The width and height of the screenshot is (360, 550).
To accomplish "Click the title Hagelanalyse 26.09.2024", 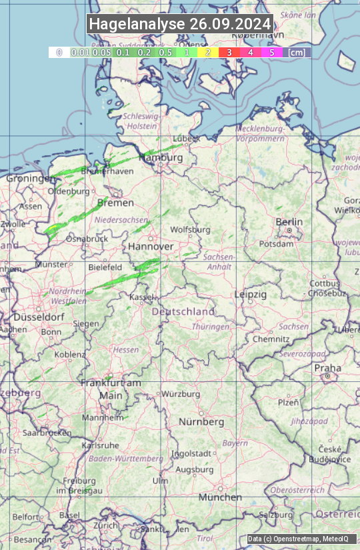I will tap(180, 24).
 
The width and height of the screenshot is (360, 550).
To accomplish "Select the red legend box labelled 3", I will tap(229, 52).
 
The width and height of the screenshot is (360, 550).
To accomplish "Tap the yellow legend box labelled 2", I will tap(208, 52).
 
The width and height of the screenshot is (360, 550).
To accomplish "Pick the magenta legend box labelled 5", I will tap(271, 52).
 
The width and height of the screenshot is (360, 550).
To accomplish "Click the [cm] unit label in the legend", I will tap(297, 52).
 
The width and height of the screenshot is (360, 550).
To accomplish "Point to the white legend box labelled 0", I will tap(59, 52).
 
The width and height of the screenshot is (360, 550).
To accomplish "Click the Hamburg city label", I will tap(161, 158).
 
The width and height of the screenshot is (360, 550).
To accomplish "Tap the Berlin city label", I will tap(289, 222).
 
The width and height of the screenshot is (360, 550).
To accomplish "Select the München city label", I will tap(220, 497).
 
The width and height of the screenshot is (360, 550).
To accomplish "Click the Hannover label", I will tap(151, 247).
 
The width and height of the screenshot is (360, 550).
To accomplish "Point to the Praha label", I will tap(327, 368).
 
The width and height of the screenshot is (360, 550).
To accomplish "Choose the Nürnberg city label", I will tap(201, 422).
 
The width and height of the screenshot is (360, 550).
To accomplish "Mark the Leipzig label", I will tap(251, 294).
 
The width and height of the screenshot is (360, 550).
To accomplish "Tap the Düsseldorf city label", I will tap(37, 317).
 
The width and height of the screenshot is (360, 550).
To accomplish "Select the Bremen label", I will tap(115, 203).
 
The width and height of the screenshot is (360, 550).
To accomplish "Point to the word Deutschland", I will tap(183, 311).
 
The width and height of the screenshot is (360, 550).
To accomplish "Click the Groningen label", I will tap(31, 179).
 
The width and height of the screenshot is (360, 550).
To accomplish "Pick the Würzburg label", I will tap(181, 394).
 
